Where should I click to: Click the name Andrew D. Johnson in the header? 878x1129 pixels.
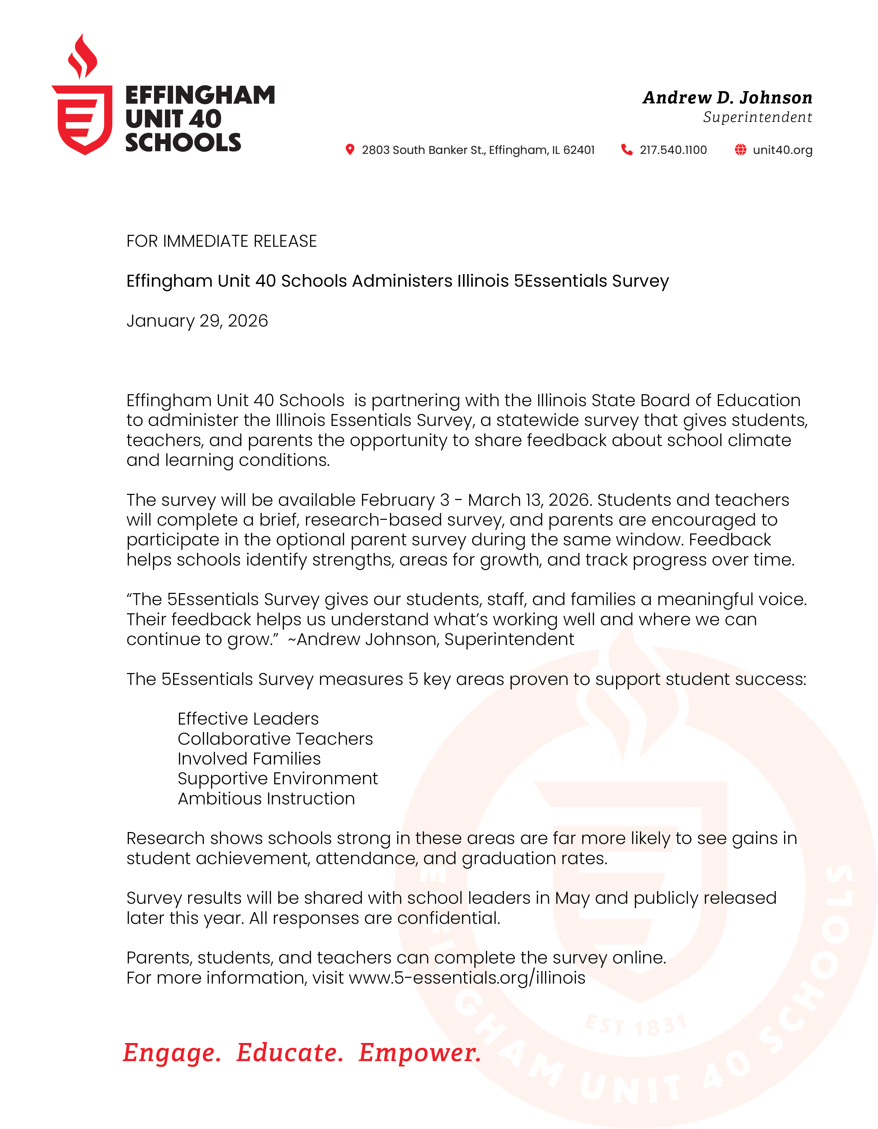point(727,98)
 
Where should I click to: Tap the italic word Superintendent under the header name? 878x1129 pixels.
point(757,117)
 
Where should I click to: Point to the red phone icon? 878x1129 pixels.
point(627,149)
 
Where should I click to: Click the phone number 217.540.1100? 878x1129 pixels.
point(673,150)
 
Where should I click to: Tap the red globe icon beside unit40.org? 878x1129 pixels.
point(740,149)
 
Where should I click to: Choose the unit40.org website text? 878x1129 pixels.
point(782,150)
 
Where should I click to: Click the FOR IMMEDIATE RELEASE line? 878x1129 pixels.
point(221,241)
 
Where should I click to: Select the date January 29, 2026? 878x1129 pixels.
point(197,321)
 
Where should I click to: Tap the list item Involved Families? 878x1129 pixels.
point(249,759)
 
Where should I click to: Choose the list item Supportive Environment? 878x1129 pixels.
point(277,778)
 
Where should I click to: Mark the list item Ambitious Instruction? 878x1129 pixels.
point(266,799)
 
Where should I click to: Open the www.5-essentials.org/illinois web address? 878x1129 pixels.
point(467,978)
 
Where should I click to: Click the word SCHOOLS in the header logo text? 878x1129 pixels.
point(183,143)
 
